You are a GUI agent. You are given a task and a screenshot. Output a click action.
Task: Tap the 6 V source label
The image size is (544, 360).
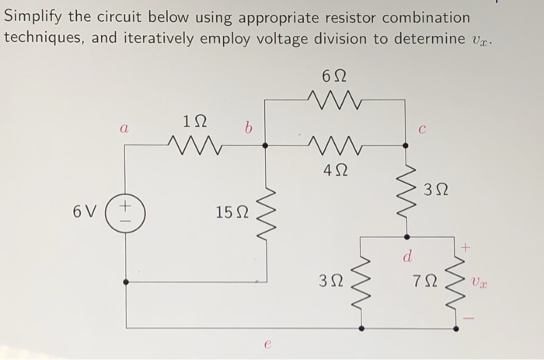[86, 211]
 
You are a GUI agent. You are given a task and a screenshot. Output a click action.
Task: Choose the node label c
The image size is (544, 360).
[420, 131]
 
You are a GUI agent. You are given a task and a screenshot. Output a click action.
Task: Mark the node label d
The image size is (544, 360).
[406, 255]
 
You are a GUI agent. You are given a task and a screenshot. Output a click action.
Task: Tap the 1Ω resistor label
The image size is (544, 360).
[194, 121]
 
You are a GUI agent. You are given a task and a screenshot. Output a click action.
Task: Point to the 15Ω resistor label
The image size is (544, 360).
[231, 211]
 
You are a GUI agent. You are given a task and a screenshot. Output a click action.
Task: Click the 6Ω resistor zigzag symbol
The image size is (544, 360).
[334, 99]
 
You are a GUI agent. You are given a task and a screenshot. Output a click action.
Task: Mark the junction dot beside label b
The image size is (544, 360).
[267, 145]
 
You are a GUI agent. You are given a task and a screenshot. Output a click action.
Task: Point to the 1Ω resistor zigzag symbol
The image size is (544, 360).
[194, 144]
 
